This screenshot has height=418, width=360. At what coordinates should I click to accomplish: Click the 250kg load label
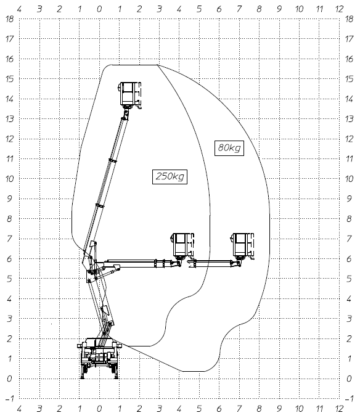[x=170, y=176]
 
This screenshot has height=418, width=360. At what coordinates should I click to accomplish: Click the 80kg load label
[x=229, y=148]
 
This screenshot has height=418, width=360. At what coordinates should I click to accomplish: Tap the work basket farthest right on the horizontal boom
[x=243, y=247]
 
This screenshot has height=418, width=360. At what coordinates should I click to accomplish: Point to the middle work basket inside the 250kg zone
[x=183, y=247]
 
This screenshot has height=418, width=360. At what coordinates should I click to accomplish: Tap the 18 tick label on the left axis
[x=9, y=19]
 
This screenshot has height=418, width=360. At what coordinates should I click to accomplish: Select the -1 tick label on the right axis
[x=349, y=398]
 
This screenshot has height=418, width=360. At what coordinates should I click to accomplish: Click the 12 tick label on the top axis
[x=340, y=9]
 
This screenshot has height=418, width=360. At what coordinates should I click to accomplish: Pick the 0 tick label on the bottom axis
[x=99, y=408]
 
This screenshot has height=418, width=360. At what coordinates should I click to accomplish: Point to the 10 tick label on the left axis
[x=9, y=179]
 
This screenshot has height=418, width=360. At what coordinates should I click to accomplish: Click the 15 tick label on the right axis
[x=349, y=79]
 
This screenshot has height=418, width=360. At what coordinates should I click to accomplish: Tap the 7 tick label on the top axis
[x=239, y=9]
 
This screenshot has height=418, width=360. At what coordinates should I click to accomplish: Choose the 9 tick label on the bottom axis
[x=279, y=408]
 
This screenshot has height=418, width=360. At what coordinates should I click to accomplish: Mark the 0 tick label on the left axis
[x=9, y=379]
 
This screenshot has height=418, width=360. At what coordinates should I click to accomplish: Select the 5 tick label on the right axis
[x=349, y=279]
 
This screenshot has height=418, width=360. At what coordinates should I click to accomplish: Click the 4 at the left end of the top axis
[x=19, y=9]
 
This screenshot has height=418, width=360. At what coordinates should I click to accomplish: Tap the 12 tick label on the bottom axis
[x=340, y=408]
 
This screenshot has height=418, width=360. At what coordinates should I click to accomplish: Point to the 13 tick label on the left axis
[x=9, y=119]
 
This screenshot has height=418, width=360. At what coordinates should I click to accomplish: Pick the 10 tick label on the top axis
[x=299, y=9]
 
